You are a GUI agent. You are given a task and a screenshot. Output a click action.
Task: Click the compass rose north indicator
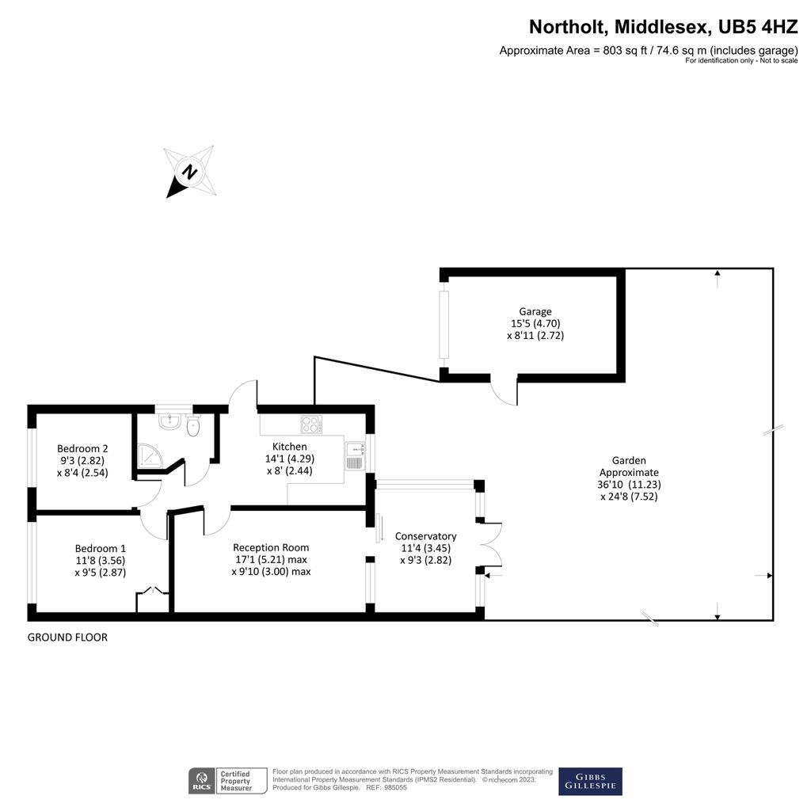189,171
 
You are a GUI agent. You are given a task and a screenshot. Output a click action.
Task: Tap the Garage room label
535,311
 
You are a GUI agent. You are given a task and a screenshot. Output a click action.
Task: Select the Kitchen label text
289,447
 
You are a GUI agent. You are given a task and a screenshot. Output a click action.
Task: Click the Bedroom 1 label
101,548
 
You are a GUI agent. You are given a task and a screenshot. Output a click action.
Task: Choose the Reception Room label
271,547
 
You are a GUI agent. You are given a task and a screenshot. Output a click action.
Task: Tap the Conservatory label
426,536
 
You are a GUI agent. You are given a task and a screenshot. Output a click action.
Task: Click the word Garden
629,460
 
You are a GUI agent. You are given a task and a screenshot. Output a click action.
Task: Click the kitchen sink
353,458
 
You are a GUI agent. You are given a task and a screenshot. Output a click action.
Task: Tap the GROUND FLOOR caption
67,638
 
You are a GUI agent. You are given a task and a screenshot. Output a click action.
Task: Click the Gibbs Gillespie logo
590,781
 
